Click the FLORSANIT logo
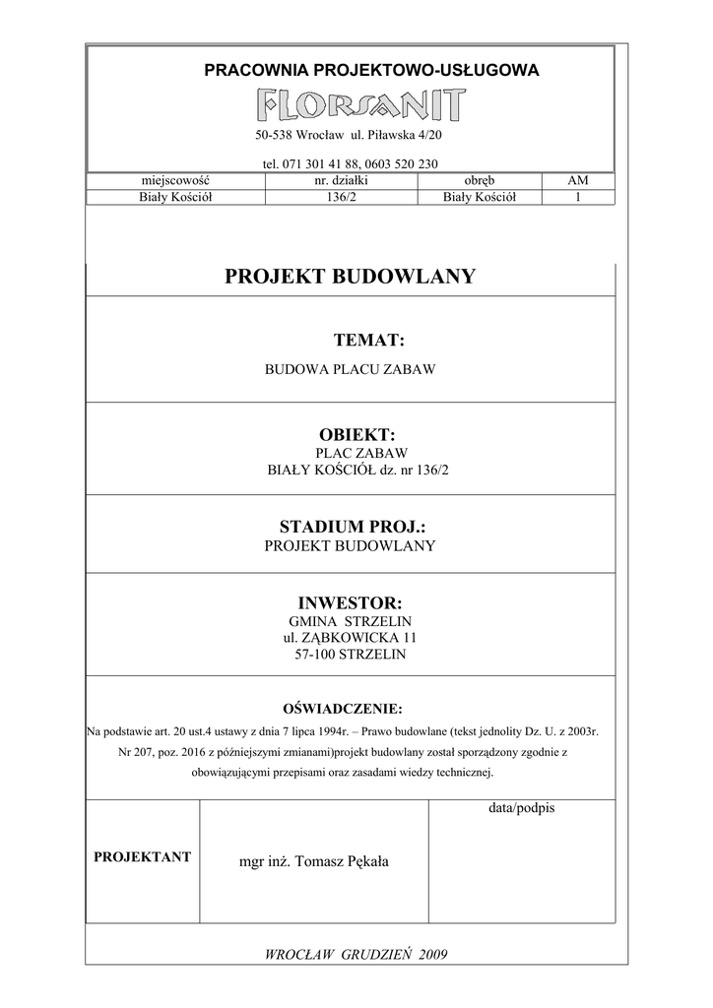[361, 104]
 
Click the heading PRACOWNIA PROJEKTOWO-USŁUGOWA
[371, 70]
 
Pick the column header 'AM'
[578, 181]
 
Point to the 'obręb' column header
[480, 181]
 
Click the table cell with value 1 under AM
[578, 197]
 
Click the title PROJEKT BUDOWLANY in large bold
[350, 277]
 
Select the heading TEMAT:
[369, 341]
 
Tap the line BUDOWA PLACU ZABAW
[350, 370]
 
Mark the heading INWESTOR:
[350, 602]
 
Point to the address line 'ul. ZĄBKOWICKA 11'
[350, 638]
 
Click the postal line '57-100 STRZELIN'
[350, 654]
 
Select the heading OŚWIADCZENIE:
[343, 709]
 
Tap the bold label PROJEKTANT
[142, 857]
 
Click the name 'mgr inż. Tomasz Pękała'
[314, 861]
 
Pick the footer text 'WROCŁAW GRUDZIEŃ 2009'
[350, 955]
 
